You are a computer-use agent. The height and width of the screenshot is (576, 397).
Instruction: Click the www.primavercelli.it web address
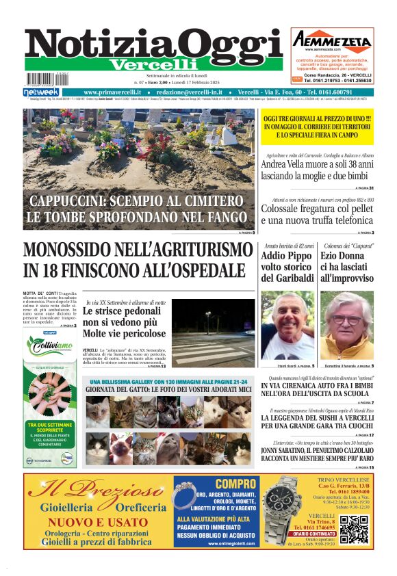[112, 92]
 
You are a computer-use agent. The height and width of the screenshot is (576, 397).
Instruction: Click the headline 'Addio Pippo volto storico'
[287, 267]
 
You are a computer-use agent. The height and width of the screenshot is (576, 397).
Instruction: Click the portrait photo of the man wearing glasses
[348, 326]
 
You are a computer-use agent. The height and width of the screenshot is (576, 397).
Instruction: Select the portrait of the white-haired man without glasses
[287, 326]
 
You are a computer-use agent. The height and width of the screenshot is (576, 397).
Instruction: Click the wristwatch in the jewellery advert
[281, 510]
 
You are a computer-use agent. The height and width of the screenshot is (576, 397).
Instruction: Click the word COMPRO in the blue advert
[217, 484]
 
